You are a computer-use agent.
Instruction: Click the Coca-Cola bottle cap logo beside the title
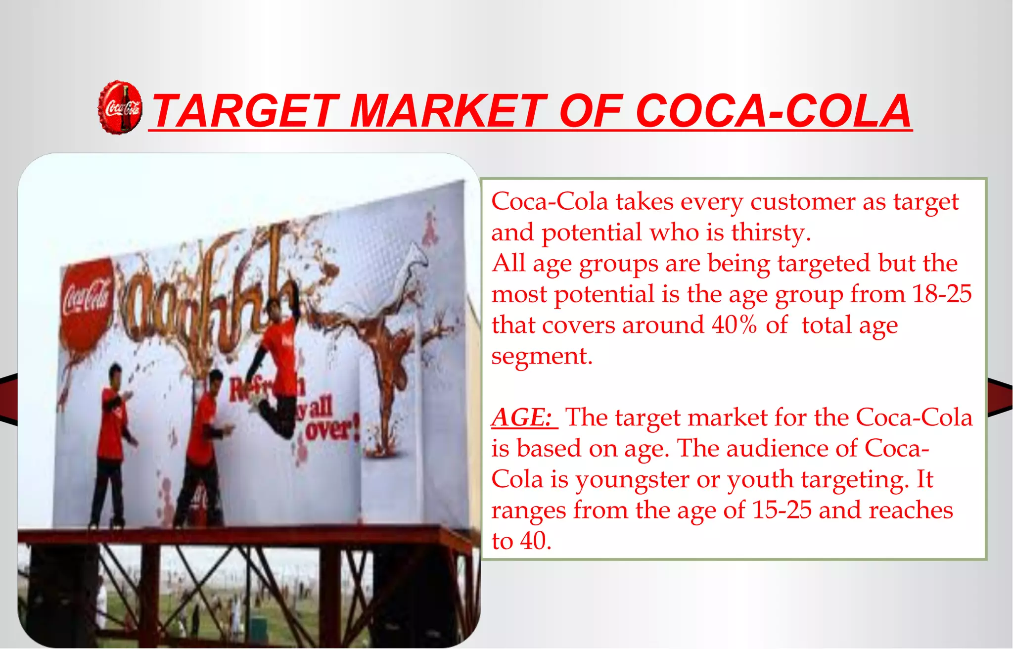(x=120, y=107)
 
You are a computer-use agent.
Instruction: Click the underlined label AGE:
(x=523, y=417)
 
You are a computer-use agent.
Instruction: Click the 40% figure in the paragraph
(x=734, y=325)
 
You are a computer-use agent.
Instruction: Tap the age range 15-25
(x=782, y=510)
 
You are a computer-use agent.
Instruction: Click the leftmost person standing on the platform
(x=112, y=445)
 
